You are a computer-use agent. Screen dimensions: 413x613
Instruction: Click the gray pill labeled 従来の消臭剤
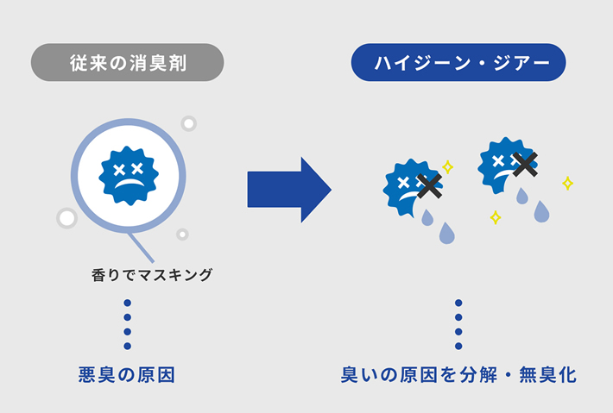tap(127, 63)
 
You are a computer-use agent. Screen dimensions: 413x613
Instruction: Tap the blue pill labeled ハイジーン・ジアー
tap(458, 63)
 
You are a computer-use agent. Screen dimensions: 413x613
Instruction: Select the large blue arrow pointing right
tap(288, 189)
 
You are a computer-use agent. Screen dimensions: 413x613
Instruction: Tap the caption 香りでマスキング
tap(151, 276)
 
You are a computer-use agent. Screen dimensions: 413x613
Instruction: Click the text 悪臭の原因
tap(128, 376)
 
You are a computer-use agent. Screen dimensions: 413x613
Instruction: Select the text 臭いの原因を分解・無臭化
tap(458, 376)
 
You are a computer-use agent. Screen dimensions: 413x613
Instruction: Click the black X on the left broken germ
tap(429, 185)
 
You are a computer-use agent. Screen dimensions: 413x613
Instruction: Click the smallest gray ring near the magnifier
tap(182, 234)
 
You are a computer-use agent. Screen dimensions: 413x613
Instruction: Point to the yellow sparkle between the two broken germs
tap(448, 166)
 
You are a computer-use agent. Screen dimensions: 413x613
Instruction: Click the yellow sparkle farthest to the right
tap(567, 183)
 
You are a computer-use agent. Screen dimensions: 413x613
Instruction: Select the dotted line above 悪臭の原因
tap(127, 324)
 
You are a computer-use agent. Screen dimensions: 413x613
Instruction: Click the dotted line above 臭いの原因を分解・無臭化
tap(458, 324)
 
